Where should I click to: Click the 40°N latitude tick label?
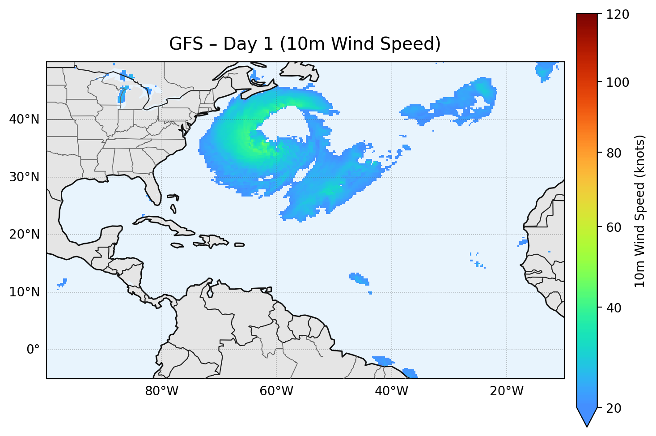24,120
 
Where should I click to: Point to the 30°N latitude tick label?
24,177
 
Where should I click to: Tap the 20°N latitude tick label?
24,235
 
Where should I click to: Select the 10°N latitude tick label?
24,292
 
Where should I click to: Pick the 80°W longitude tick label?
161,391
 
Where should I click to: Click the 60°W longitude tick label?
276,391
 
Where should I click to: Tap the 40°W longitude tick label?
391,391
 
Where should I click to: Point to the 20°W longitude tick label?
506,391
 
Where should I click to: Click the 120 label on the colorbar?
618,15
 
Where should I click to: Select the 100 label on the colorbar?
618,82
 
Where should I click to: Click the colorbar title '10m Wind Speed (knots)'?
640,211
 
